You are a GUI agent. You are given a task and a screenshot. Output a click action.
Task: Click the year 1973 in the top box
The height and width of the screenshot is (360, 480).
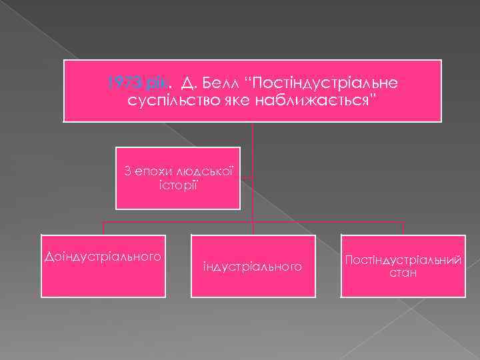coord(121,83)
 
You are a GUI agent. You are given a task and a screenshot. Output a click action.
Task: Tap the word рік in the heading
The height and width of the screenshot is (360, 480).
coord(156,83)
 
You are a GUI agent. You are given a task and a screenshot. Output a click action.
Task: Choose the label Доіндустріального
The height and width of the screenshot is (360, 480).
coord(103,256)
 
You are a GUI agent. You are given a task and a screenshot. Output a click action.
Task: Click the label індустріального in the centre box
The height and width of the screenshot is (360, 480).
coord(253,267)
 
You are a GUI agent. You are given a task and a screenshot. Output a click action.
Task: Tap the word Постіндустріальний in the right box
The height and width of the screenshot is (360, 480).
coord(403,260)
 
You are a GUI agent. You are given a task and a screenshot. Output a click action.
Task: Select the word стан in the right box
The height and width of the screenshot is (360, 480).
coord(403,273)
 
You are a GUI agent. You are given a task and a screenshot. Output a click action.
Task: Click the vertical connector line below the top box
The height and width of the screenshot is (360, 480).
coord(253,133)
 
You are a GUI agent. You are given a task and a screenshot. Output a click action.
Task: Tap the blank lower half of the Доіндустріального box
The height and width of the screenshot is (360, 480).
coord(103,280)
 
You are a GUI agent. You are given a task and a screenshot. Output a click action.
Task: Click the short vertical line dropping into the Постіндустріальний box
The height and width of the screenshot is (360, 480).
coord(403,228)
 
